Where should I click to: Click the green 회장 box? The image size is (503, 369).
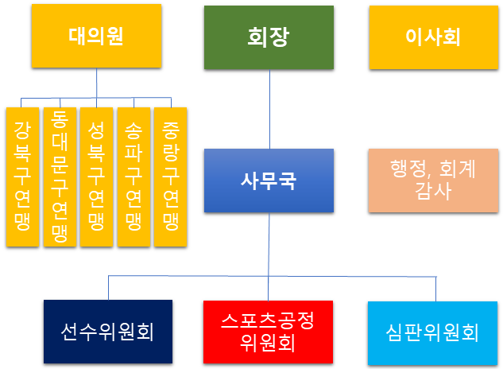pos(269,37)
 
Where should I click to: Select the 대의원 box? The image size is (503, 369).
pos(96,36)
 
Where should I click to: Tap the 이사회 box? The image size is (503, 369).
pos(434,37)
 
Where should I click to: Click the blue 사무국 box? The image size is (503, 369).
pos(269,181)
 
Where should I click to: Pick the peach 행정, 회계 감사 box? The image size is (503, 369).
pos(433,181)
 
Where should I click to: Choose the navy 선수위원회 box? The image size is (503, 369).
pos(108,332)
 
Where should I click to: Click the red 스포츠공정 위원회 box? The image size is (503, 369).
pos(268,332)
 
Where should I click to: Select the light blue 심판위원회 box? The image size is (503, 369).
pos(433,333)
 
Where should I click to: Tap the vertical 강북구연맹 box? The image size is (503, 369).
pos(22,177)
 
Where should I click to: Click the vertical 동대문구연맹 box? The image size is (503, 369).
pos(60,177)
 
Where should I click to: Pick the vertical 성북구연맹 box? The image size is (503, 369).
pos(97,177)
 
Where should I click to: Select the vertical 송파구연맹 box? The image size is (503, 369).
pos(133,177)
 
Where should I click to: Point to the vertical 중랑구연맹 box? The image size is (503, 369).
pos(171,177)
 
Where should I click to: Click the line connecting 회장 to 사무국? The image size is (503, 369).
pos(269,109)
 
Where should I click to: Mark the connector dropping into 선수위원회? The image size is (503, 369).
pos(108,288)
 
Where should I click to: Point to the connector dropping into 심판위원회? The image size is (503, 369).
pos(436,289)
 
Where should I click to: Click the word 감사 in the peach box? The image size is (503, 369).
pos(433,192)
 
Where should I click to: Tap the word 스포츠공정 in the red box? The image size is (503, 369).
pos(268,320)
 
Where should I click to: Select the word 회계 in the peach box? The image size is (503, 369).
pos(457,169)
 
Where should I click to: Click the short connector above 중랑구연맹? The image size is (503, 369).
pos(171,103)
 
